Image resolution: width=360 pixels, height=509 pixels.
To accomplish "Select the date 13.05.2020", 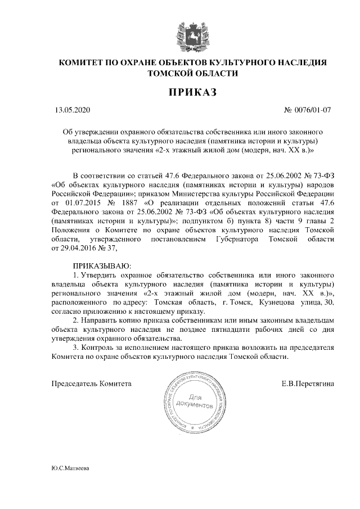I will click(69, 110).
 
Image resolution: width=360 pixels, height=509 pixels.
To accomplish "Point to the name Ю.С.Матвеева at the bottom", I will click(70, 468).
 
